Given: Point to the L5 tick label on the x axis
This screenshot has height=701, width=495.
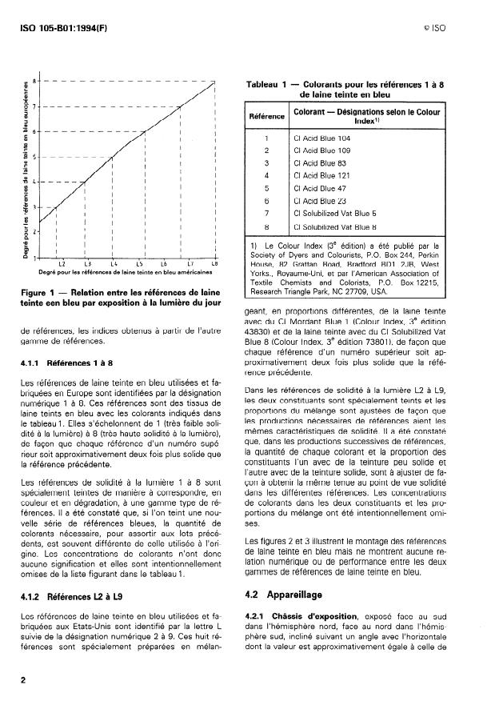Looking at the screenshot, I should point(140,262).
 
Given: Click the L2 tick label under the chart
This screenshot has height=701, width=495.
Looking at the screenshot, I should point(62,262).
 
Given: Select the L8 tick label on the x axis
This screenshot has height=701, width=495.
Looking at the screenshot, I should point(214,262).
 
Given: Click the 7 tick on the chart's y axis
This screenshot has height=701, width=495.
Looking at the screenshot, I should point(35,106).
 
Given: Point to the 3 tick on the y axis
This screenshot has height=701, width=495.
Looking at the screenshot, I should point(35,206).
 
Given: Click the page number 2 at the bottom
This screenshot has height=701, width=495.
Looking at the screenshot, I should point(23,677).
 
